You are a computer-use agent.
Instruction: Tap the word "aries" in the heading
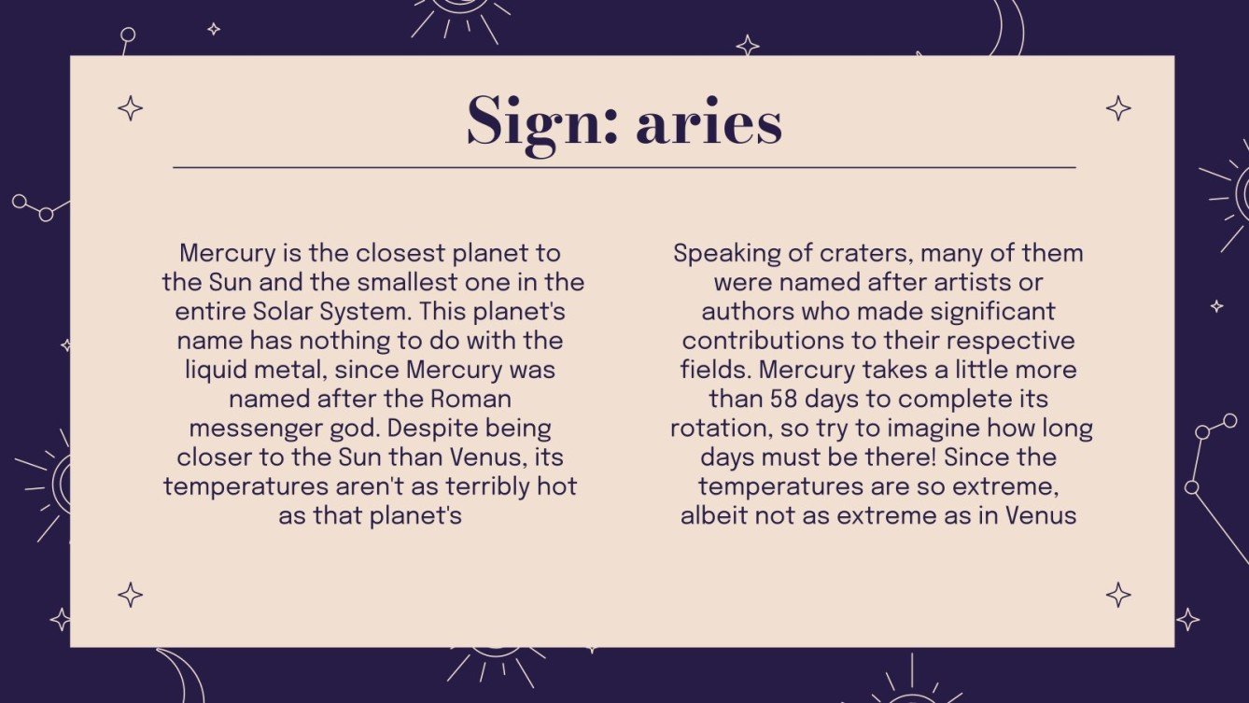709,124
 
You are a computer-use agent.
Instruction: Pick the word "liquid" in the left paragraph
222,370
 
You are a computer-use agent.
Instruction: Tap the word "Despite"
504,428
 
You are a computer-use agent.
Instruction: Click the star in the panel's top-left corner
131,109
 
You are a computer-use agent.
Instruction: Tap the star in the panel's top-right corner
1118,108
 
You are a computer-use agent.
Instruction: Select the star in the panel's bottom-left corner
131,595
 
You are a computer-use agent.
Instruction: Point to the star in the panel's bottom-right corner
1118,595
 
